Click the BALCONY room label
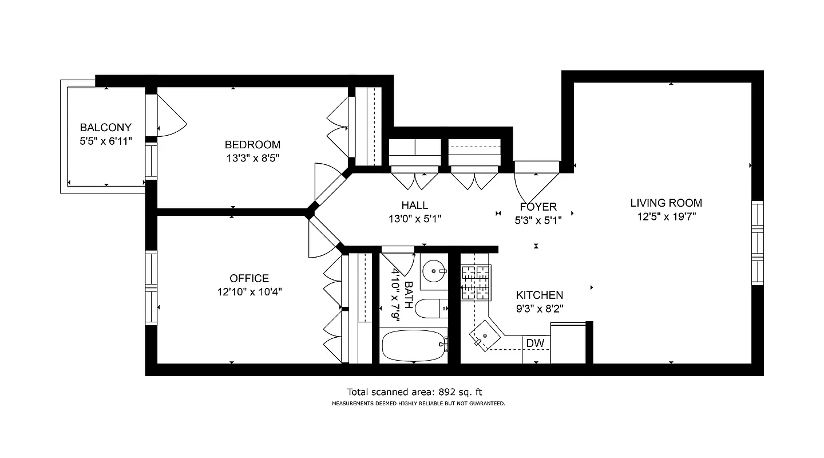coord(105,127)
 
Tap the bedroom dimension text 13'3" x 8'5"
coord(252,157)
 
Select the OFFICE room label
coord(249,278)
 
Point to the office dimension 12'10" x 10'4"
coord(249,291)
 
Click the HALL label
coord(414,205)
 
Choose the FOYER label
coord(538,207)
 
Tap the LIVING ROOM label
coord(666,203)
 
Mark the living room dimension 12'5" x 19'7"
coord(666,216)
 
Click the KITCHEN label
coord(539,295)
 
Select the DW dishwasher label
coord(535,343)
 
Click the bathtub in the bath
coord(413,345)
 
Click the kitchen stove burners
coord(476,282)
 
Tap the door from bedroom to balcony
coord(170,116)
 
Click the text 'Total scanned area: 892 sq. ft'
coord(415,392)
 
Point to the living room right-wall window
coord(757,243)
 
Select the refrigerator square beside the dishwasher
coord(568,343)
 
